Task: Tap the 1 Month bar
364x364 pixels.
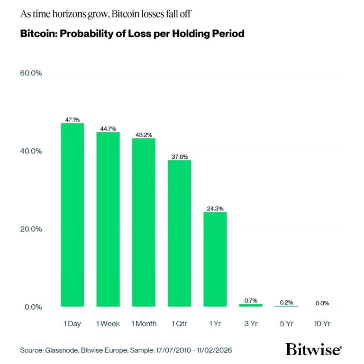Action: pyautogui.click(x=144, y=222)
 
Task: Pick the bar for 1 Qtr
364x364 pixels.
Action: pyautogui.click(x=179, y=233)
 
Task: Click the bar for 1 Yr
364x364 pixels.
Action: pyautogui.click(x=215, y=259)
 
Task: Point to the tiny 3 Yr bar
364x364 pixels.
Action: pyautogui.click(x=251, y=305)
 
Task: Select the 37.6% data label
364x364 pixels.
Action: pyautogui.click(x=179, y=157)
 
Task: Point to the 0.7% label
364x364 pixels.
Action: pyautogui.click(x=251, y=300)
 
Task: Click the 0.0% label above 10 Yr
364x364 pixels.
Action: pyautogui.click(x=322, y=303)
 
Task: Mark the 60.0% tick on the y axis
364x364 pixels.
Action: pyautogui.click(x=31, y=73)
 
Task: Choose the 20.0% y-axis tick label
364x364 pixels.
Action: pyautogui.click(x=31, y=229)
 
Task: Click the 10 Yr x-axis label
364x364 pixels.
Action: pyautogui.click(x=322, y=324)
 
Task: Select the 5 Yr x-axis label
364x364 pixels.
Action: pyautogui.click(x=286, y=324)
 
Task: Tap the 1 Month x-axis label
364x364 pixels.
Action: pyautogui.click(x=144, y=324)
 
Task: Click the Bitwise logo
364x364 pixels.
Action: pyautogui.click(x=313, y=350)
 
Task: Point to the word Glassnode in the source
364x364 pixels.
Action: pyautogui.click(x=61, y=350)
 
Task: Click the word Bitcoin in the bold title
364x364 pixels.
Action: pyautogui.click(x=36, y=35)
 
